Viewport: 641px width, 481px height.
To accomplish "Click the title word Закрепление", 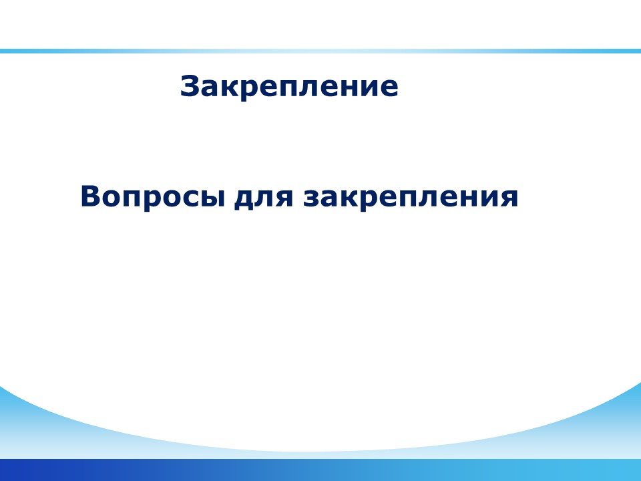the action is tap(289, 87).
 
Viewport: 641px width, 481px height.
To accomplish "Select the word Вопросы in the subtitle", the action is tap(153, 196).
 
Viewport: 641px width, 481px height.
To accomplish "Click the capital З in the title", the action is tap(190, 86).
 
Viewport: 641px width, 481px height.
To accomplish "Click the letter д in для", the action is tap(244, 200).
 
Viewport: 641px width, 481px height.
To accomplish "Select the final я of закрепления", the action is tap(509, 198).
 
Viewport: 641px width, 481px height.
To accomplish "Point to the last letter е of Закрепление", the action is tap(389, 88).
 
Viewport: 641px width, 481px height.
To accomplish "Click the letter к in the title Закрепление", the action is tap(228, 88).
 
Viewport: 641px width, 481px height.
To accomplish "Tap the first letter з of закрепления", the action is tap(312, 198).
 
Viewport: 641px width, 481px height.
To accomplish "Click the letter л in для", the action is tap(264, 198).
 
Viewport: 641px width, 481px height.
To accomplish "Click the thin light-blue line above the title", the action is tap(320, 51).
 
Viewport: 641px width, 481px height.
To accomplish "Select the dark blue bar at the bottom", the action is tap(320, 470).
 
